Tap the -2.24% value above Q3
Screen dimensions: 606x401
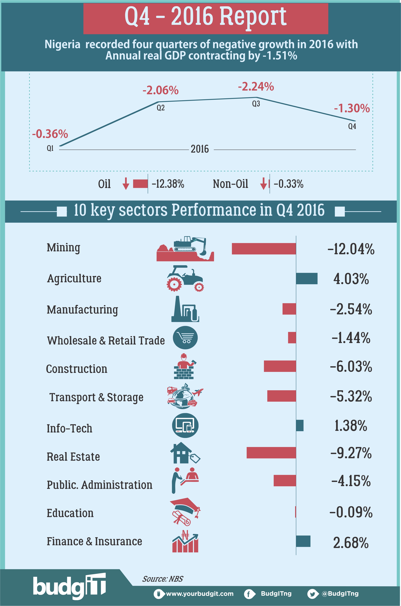tap(256, 87)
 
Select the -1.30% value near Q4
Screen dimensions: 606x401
tap(352, 108)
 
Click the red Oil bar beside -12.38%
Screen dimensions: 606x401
tap(140, 184)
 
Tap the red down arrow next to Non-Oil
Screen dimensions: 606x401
tap(263, 184)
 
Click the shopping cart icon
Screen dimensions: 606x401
tap(185, 338)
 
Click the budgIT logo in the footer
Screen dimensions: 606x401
tap(69, 586)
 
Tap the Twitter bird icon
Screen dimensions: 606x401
tap(312, 594)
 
